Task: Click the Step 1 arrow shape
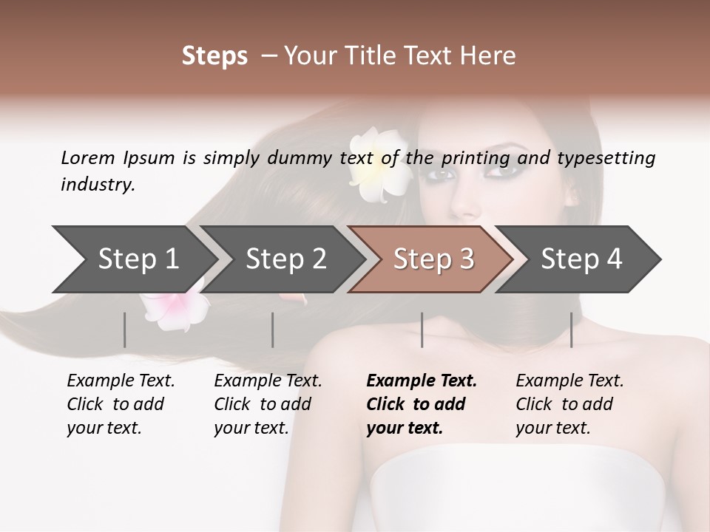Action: (133, 259)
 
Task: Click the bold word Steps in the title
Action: (214, 56)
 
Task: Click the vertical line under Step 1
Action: (124, 330)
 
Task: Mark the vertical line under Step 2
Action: (273, 330)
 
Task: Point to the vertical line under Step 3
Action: (422, 330)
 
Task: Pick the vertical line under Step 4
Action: (571, 330)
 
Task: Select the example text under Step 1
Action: (121, 404)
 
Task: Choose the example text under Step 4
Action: (569, 404)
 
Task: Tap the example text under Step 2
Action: (268, 404)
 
